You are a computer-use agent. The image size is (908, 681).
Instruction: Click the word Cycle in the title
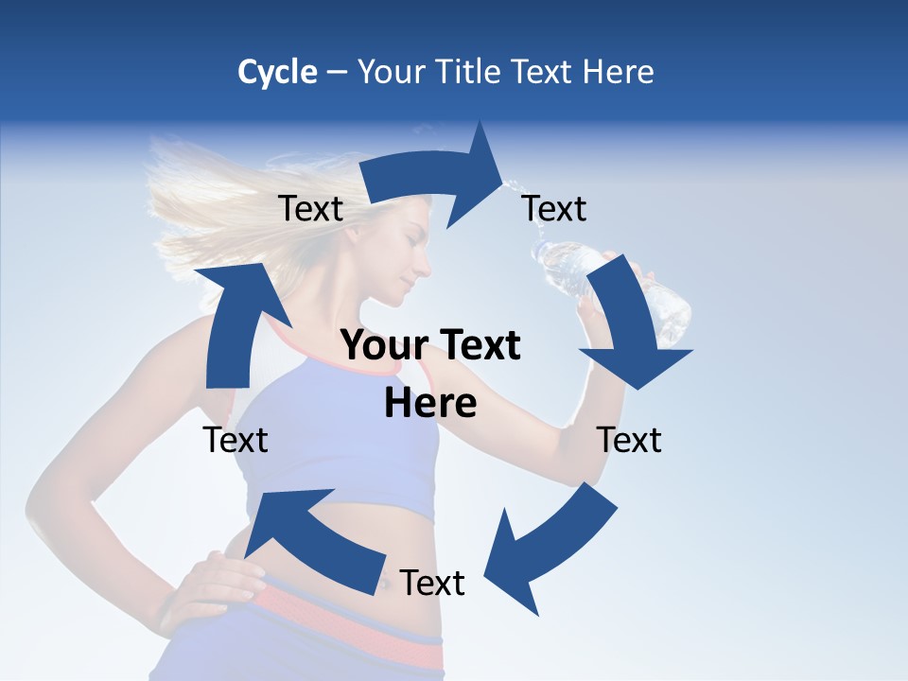coord(277,72)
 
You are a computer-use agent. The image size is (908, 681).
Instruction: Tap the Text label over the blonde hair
coord(310,208)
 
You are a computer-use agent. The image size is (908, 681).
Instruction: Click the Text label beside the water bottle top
coord(554,208)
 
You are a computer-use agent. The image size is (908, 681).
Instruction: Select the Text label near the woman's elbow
coord(629,440)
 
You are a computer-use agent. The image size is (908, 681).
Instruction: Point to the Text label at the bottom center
coord(432,583)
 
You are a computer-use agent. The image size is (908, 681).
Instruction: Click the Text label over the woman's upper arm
coord(236,440)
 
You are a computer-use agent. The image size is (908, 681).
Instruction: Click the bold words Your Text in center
coord(430,345)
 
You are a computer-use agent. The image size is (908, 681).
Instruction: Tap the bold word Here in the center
coord(430,404)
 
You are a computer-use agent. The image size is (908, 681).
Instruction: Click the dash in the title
coord(337,72)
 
